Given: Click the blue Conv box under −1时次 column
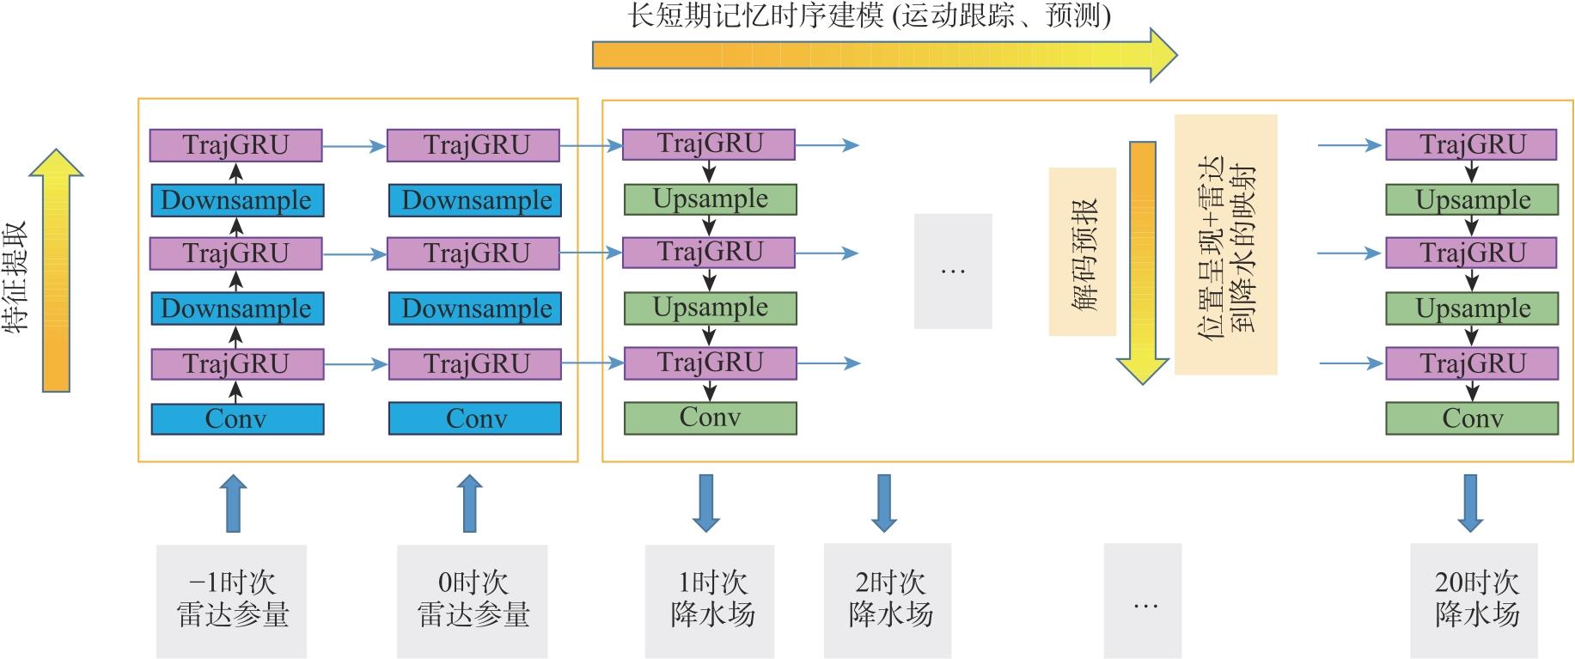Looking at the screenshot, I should (237, 418).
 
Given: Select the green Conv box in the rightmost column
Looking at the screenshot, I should (1471, 418).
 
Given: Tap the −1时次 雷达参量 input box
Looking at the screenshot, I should (231, 600).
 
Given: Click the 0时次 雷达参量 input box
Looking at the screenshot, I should (472, 600).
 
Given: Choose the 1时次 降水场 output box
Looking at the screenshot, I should (710, 600).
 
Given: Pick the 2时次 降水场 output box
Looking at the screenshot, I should (888, 600).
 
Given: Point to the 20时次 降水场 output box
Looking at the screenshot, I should (1474, 600).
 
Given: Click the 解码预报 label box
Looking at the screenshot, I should (1082, 251).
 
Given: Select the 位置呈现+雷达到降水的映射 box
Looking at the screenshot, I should (1225, 245).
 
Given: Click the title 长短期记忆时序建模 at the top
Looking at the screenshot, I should (868, 15).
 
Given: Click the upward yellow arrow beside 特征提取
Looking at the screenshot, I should (56, 270).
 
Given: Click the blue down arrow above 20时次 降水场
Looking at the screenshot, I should (1470, 503).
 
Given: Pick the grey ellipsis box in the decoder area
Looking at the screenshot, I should (953, 271).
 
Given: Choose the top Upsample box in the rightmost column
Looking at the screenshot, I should (1471, 200).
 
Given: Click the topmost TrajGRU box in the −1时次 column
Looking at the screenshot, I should (235, 145).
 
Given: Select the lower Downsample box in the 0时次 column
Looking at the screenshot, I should (474, 308).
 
